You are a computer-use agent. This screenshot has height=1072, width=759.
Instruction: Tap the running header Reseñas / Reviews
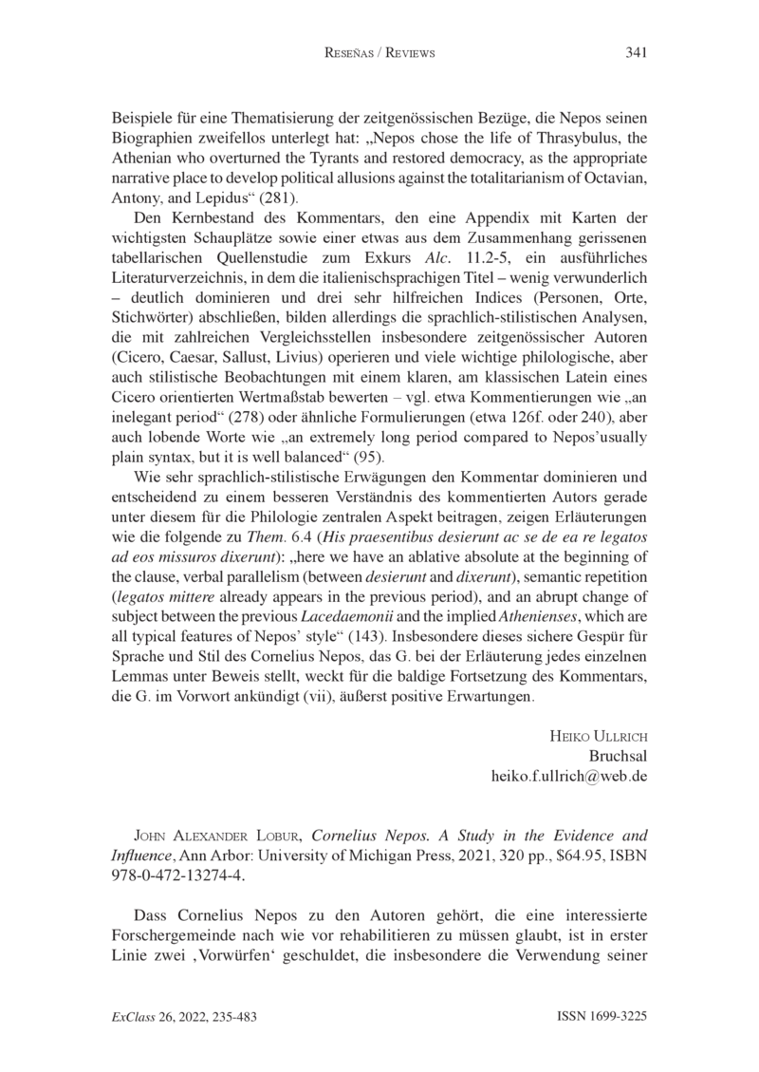pyautogui.click(x=379, y=53)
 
